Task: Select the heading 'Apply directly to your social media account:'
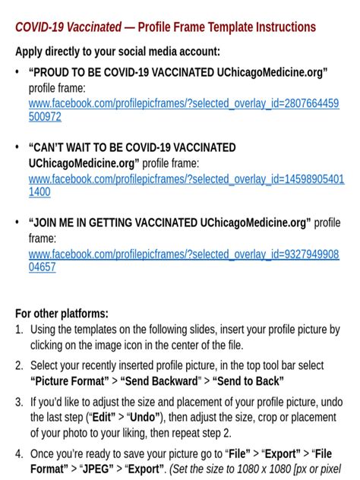118,52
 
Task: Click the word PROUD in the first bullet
51,73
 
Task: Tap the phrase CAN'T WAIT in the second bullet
62,148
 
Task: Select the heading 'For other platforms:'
62,314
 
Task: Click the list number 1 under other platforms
19,330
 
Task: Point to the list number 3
19,402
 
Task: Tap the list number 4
19,454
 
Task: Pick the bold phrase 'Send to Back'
248,381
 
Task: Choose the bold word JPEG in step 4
91,469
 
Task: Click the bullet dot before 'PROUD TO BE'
18,73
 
